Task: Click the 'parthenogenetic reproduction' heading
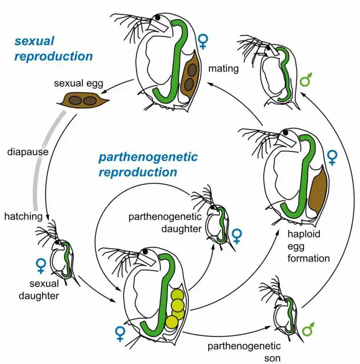pos(147,164)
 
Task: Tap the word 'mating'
pos(223,69)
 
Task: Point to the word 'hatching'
pos(23,216)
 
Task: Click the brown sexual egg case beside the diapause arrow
pos(82,101)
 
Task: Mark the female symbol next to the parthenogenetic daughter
pos(237,236)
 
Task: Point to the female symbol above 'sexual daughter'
pos(40,266)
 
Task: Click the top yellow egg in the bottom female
pos(177,295)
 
